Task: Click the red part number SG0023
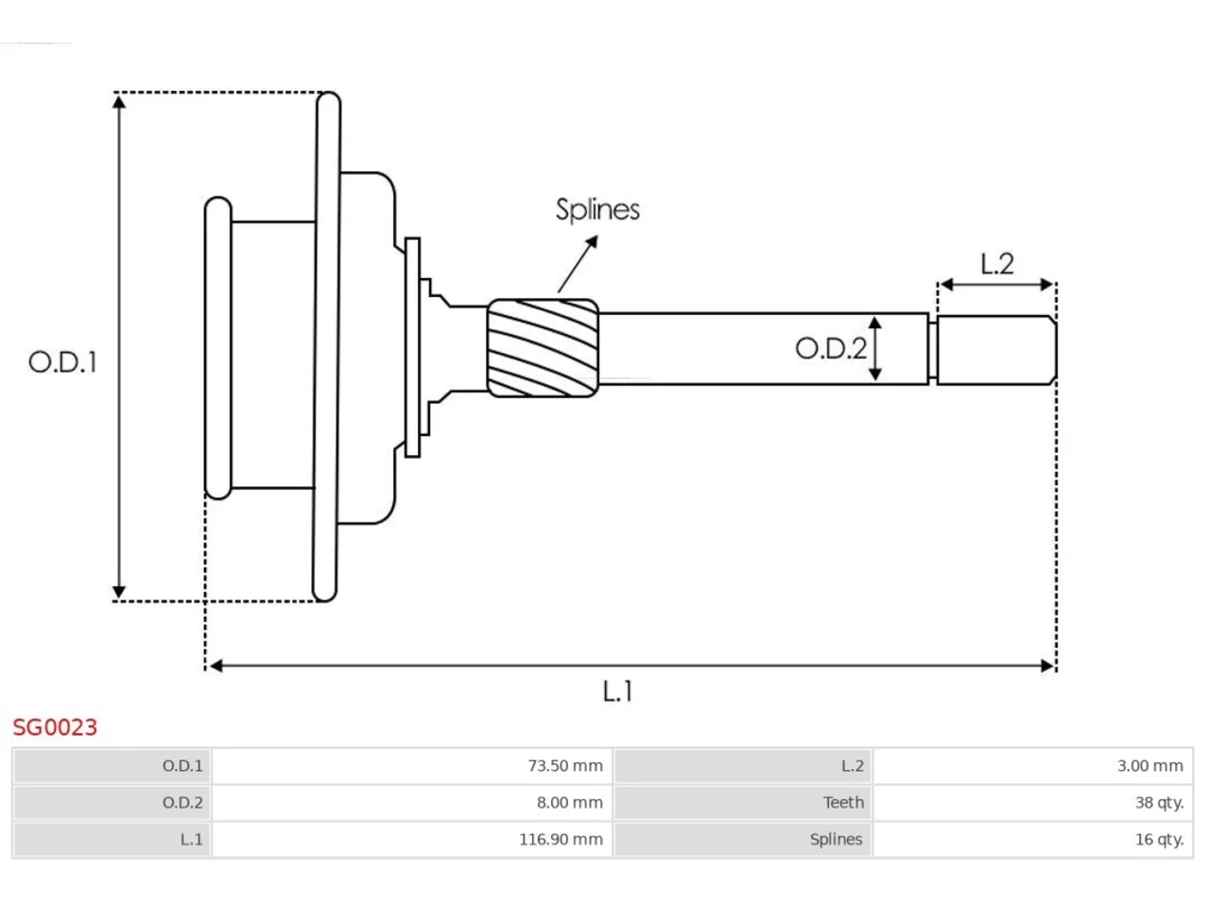pyautogui.click(x=55, y=727)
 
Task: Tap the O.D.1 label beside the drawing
pyautogui.click(x=62, y=362)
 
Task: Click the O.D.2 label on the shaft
pyautogui.click(x=831, y=348)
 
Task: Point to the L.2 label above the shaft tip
pyautogui.click(x=996, y=264)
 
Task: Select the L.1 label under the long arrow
pyautogui.click(x=617, y=690)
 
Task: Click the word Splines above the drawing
pyautogui.click(x=597, y=210)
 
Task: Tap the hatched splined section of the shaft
pyautogui.click(x=543, y=348)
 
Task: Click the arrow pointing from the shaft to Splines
pyautogui.click(x=578, y=264)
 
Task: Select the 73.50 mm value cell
pyautogui.click(x=412, y=766)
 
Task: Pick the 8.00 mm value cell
pyautogui.click(x=412, y=802)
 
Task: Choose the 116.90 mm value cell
pyautogui.click(x=412, y=839)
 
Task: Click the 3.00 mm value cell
pyautogui.click(x=1032, y=766)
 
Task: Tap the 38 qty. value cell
pyautogui.click(x=1032, y=802)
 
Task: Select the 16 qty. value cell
pyautogui.click(x=1032, y=839)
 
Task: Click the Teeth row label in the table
pyautogui.click(x=843, y=802)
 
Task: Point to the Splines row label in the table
pyautogui.click(x=836, y=840)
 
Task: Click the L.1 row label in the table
pyautogui.click(x=191, y=839)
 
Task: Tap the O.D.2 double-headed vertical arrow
pyautogui.click(x=874, y=348)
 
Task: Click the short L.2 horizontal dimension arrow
pyautogui.click(x=996, y=285)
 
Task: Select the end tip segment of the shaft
pyautogui.click(x=996, y=350)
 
